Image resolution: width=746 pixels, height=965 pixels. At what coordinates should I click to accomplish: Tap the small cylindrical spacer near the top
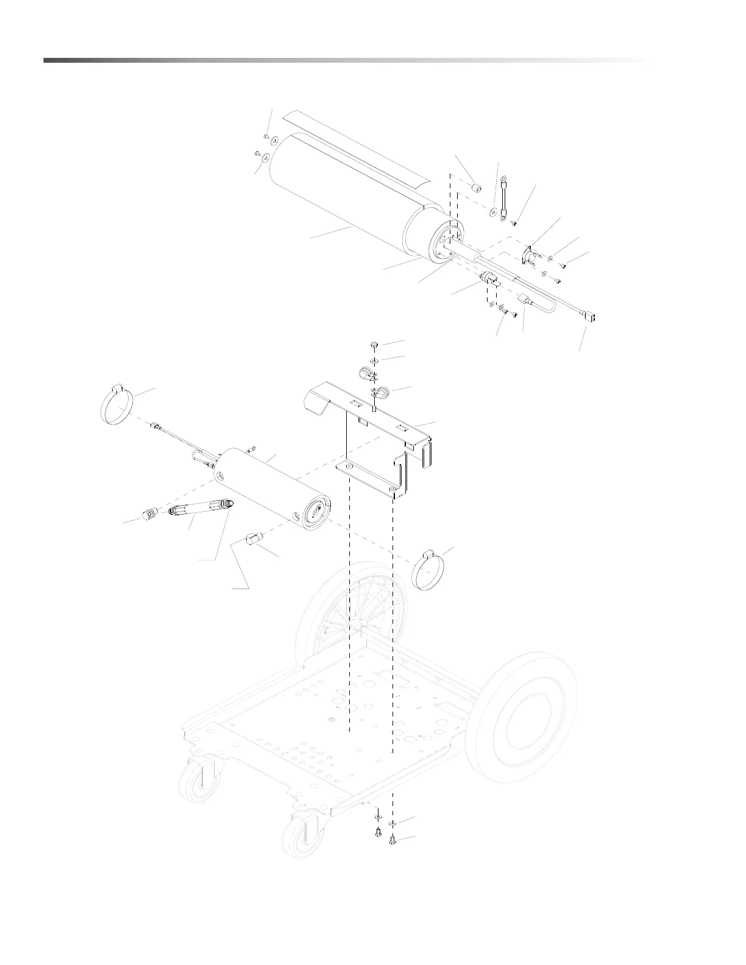coord(477,185)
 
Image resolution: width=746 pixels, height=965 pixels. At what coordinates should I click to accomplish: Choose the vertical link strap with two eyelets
coord(505,196)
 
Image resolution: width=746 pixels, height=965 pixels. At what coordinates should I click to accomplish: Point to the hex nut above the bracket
coord(374,345)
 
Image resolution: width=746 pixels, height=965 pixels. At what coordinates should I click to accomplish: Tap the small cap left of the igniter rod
coord(148,515)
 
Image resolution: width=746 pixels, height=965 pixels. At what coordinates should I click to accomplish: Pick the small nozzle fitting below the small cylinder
coord(254,539)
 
